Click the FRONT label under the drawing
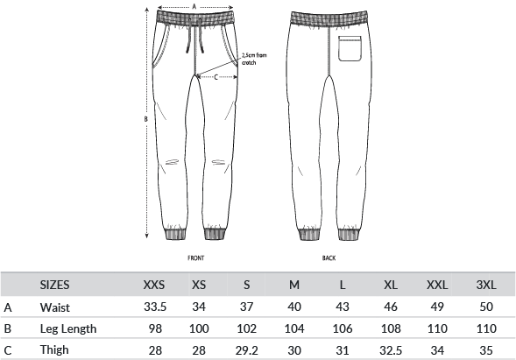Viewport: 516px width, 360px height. (196, 258)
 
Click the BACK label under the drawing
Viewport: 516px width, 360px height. (329, 258)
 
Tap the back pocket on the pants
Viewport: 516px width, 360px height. (350, 48)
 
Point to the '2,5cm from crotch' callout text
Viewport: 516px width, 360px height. (254, 59)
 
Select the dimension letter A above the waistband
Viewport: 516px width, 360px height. (194, 6)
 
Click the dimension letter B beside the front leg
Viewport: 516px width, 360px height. (145, 119)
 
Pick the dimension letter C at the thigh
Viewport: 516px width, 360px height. (216, 77)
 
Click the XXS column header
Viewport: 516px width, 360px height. (154, 285)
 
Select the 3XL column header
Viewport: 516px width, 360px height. (486, 285)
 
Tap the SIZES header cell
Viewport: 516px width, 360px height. (54, 285)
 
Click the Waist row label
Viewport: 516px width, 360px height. (55, 307)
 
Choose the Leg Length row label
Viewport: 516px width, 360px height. (68, 328)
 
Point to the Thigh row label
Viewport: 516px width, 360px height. (54, 349)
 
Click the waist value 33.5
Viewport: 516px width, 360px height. (155, 307)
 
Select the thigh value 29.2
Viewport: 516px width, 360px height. (246, 350)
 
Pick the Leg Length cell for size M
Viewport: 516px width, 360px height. (294, 328)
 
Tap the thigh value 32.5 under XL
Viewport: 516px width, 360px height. (391, 350)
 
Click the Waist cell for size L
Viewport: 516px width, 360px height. (343, 307)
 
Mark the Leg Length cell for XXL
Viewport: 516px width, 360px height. (437, 328)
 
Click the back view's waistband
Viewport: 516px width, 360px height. (329, 18)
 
